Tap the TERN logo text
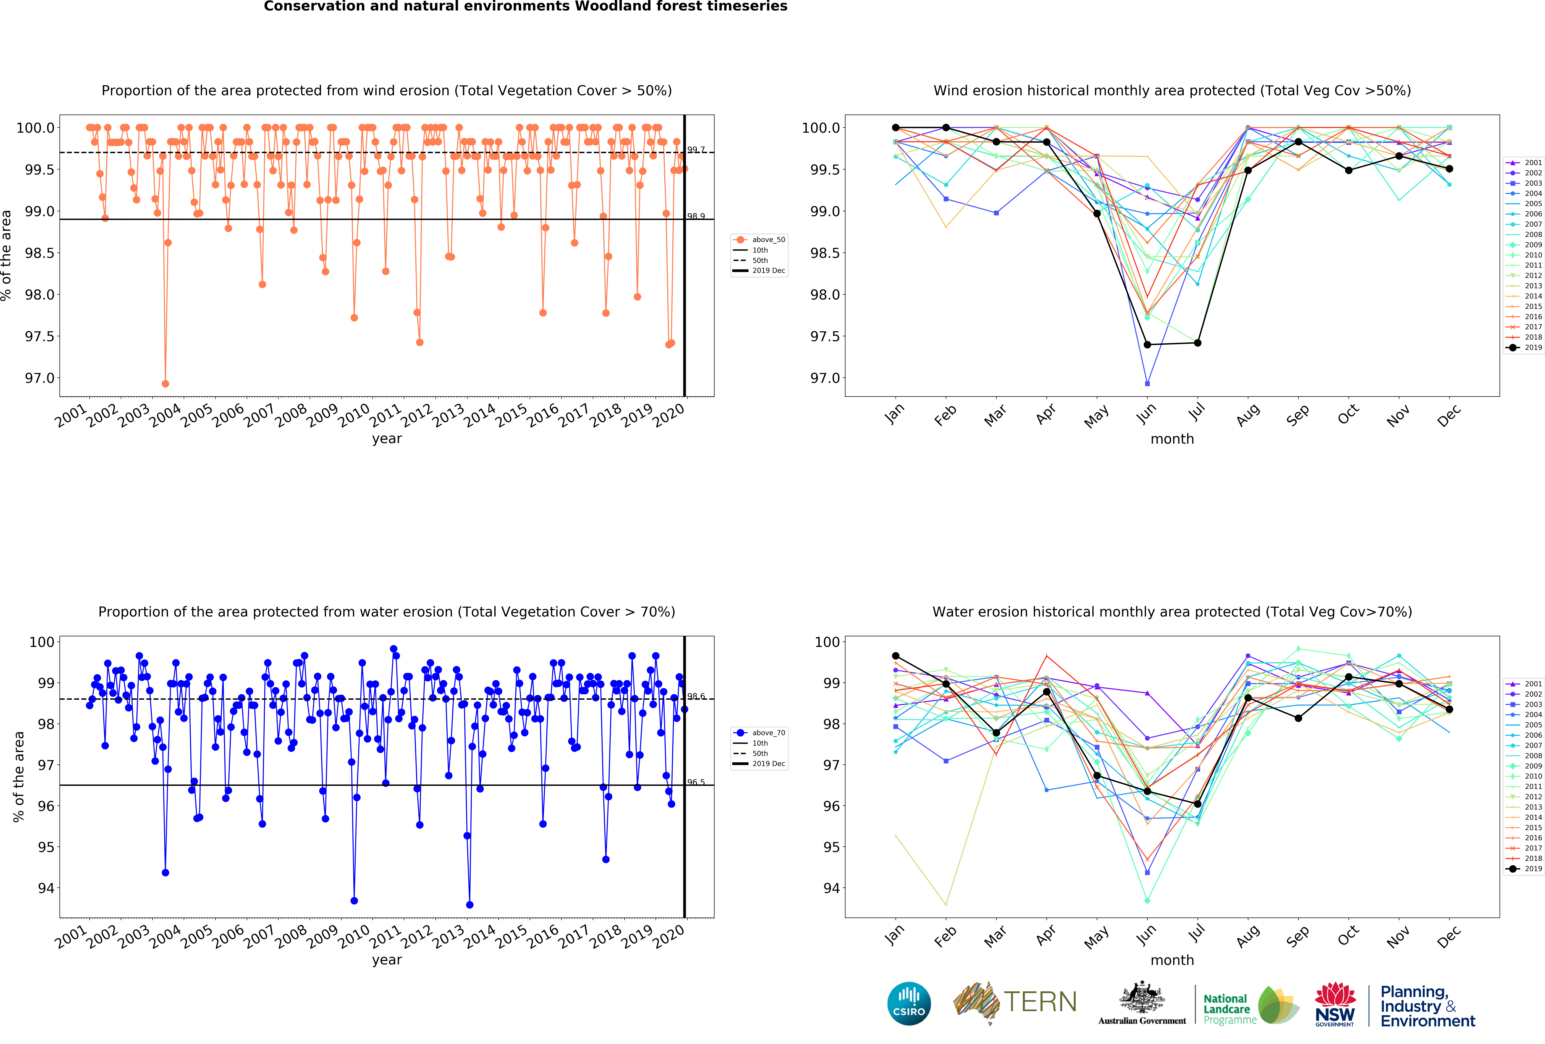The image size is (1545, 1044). pos(1040,1002)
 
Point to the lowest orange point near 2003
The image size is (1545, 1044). pos(166,384)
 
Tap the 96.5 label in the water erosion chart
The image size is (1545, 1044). pos(696,782)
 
